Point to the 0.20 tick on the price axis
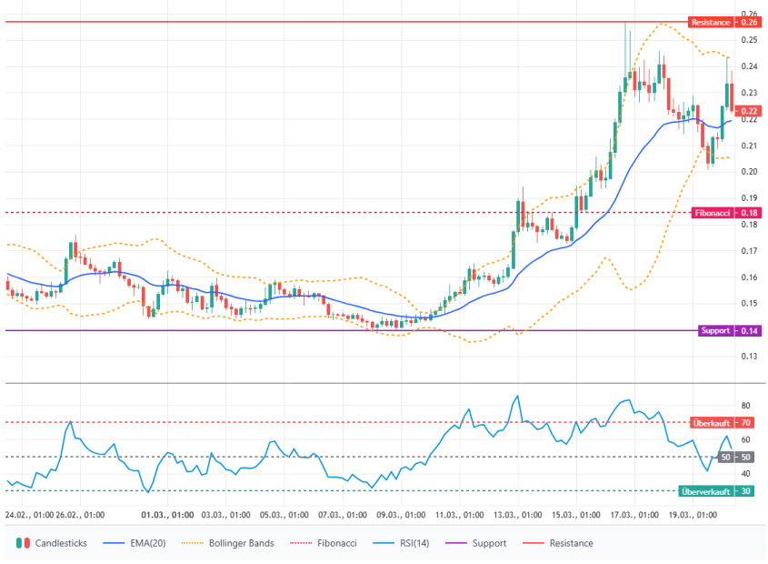750,172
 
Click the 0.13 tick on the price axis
750,357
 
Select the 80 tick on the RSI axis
745,406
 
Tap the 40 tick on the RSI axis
745,474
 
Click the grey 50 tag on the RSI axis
745,457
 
